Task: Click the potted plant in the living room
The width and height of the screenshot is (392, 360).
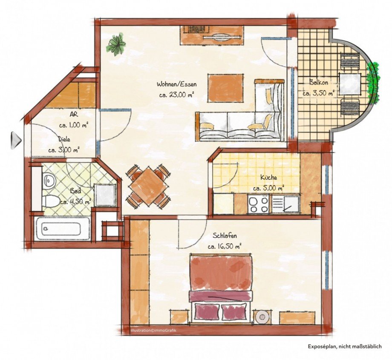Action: tap(116, 45)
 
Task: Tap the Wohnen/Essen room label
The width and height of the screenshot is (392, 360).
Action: tap(176, 84)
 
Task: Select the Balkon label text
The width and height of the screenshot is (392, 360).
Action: tap(318, 83)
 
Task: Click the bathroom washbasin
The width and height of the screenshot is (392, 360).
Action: tap(50, 181)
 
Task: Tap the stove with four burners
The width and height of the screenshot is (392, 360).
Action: tap(259, 204)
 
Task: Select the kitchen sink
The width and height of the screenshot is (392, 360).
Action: tap(286, 204)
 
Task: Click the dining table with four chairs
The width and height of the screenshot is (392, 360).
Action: tap(148, 186)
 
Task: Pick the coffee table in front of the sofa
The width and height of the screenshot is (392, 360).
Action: tap(225, 88)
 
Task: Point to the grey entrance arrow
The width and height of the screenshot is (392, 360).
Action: tap(15, 140)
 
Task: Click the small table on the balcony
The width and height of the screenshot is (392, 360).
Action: tap(350, 83)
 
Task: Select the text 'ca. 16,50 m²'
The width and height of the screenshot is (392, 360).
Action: tap(225, 246)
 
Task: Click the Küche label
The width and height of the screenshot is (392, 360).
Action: tap(269, 178)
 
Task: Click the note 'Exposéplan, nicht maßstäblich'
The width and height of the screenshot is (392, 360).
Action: tap(345, 347)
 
